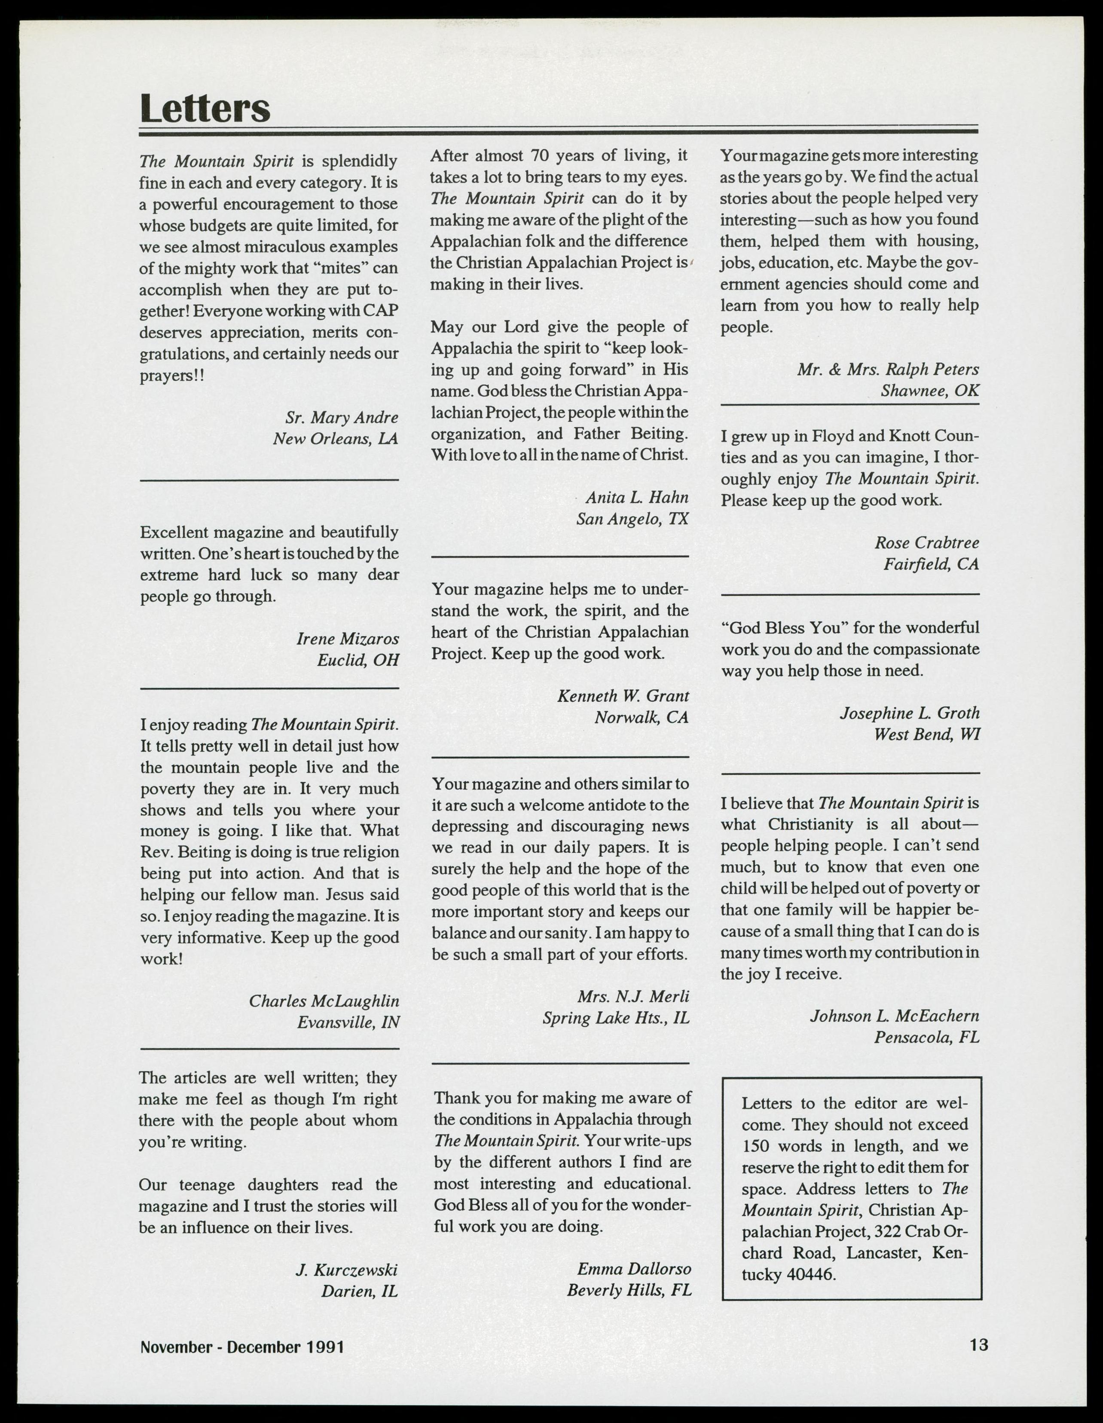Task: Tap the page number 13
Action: pos(978,1344)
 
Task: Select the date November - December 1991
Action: pos(242,1346)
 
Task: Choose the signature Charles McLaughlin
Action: pos(324,1001)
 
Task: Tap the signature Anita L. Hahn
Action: pos(636,498)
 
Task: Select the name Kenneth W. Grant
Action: pos(623,696)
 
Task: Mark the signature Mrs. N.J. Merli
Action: pos(632,996)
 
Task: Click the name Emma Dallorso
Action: pos(633,1269)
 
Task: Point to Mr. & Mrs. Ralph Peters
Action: pos(887,370)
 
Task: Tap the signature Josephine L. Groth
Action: pos(910,713)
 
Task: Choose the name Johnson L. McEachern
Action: pos(895,1016)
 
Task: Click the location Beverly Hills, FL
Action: pos(629,1290)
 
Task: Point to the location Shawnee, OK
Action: pos(930,391)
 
